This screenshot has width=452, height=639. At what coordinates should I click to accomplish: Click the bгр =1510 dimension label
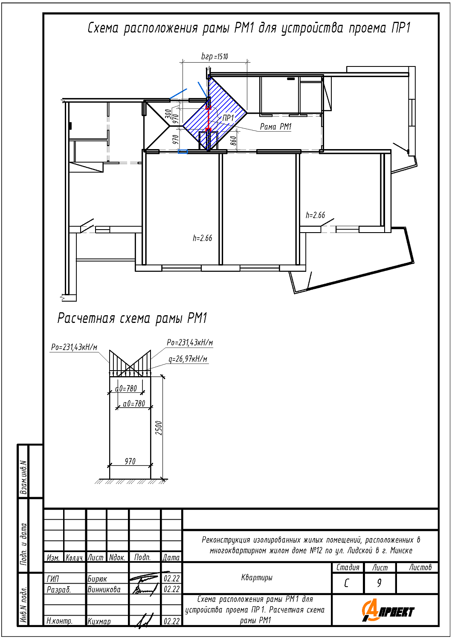click(x=215, y=57)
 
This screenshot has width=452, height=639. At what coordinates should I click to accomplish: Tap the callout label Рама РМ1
click(x=275, y=127)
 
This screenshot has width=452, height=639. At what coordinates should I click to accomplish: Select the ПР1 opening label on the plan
click(x=228, y=118)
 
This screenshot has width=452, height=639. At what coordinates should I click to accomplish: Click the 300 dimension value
click(x=168, y=114)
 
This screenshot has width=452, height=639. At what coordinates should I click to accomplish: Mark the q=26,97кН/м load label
click(x=188, y=359)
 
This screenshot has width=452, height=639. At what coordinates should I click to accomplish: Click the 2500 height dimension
click(x=159, y=428)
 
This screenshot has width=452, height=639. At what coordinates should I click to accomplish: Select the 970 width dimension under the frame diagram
click(x=130, y=461)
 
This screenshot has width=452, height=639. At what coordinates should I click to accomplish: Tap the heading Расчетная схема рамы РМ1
click(x=132, y=318)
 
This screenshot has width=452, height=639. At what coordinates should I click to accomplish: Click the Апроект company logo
click(x=388, y=612)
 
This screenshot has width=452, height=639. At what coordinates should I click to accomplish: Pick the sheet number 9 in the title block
click(x=379, y=583)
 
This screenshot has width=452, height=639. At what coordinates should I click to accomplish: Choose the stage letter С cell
click(x=347, y=583)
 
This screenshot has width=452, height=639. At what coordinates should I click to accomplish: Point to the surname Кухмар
click(x=99, y=621)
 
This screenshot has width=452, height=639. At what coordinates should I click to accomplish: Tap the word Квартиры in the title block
click(x=257, y=578)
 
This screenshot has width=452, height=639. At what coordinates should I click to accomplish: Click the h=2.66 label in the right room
click(x=316, y=215)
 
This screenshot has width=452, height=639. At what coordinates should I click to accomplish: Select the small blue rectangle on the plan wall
click(x=183, y=152)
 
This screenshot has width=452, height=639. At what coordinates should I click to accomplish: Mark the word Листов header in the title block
click(x=420, y=567)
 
